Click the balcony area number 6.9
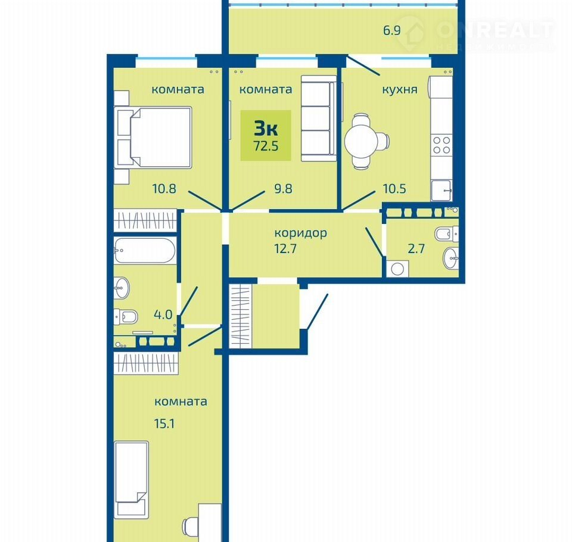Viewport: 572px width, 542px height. [x=392, y=30]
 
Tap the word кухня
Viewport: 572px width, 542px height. [x=399, y=90]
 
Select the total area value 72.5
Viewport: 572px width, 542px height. [x=266, y=146]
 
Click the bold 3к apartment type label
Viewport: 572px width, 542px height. [x=266, y=128]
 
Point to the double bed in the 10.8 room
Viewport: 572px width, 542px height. [x=153, y=137]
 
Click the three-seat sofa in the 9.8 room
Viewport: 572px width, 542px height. [x=318, y=118]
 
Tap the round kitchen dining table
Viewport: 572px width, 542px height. [x=361, y=141]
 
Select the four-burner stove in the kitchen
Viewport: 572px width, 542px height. [x=441, y=145]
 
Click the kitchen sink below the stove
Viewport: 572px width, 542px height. [x=441, y=191]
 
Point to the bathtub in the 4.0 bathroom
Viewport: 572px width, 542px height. [x=145, y=251]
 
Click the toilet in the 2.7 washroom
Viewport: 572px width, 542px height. [x=446, y=233]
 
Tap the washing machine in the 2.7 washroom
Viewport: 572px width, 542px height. [x=397, y=269]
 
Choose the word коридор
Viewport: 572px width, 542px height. [x=300, y=233]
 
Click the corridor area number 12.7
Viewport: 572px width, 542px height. [x=285, y=249]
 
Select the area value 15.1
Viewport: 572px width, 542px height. [x=164, y=424]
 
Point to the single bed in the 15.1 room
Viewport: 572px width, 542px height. [x=131, y=479]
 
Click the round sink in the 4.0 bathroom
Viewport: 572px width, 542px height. [x=122, y=288]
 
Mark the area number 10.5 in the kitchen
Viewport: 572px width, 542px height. [x=394, y=189]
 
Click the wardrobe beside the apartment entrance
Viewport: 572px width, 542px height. [x=240, y=316]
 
